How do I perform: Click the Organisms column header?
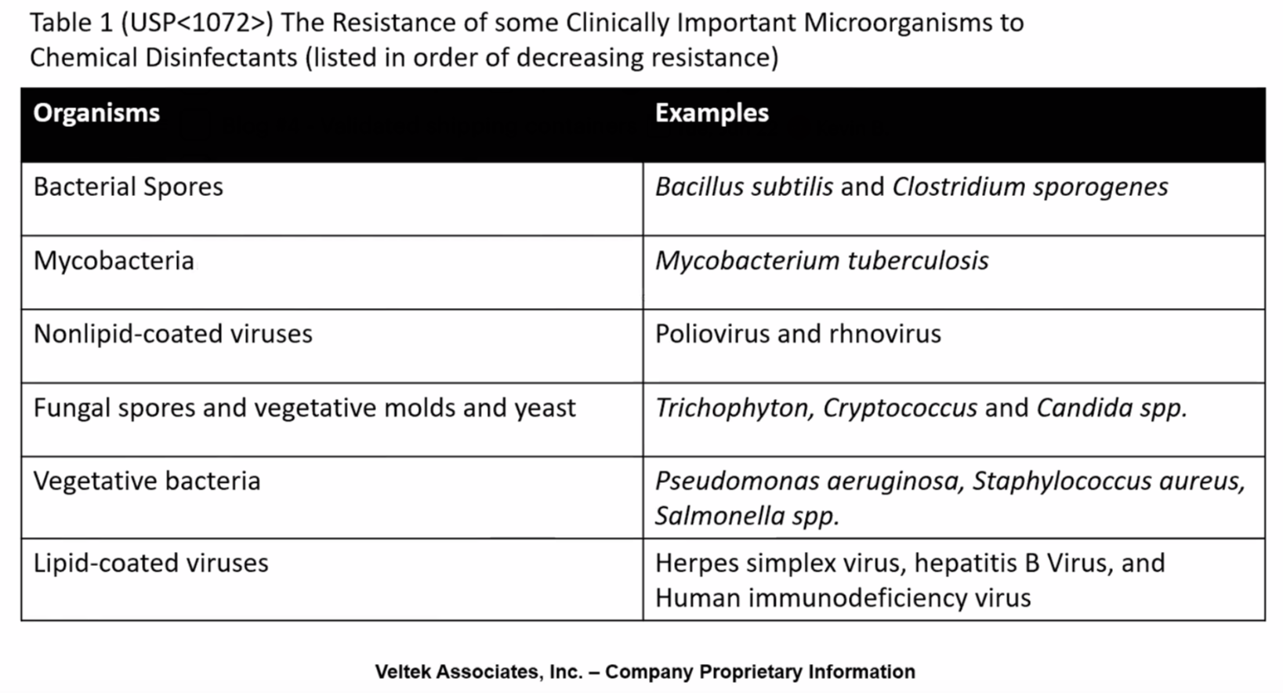click(96, 114)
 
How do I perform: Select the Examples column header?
click(712, 114)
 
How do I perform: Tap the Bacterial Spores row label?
click(128, 187)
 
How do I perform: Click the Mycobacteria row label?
click(114, 261)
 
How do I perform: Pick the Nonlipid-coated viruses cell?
click(172, 335)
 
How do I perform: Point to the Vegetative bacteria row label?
click(147, 481)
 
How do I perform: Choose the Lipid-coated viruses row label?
click(150, 564)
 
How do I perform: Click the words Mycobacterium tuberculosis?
click(821, 261)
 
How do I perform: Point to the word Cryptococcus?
click(900, 408)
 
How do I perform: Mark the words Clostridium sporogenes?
click(1030, 187)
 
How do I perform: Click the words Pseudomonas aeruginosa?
click(807, 481)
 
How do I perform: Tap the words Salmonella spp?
click(746, 517)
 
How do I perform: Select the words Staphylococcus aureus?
click(1107, 481)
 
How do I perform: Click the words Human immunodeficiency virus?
click(843, 599)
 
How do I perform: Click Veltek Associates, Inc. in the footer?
click(478, 672)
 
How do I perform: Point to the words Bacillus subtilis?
click(744, 187)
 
